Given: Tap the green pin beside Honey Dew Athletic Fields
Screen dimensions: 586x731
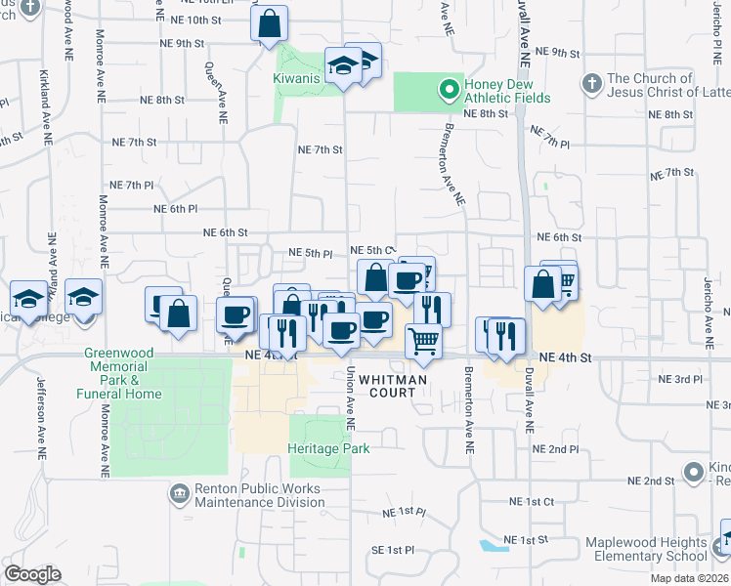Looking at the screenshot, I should point(450,91).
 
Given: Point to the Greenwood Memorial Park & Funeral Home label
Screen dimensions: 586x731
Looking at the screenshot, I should point(122,373).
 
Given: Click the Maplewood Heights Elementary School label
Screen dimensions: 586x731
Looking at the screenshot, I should point(646,549).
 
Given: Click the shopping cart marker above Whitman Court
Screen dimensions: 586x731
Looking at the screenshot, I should point(423,341).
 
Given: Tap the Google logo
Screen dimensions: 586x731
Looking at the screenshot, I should point(31,574).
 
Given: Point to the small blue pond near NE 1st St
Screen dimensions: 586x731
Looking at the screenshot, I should point(489,546).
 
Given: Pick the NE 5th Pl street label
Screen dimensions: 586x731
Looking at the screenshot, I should point(311,253).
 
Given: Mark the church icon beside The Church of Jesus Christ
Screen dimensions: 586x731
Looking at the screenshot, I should point(590,79).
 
